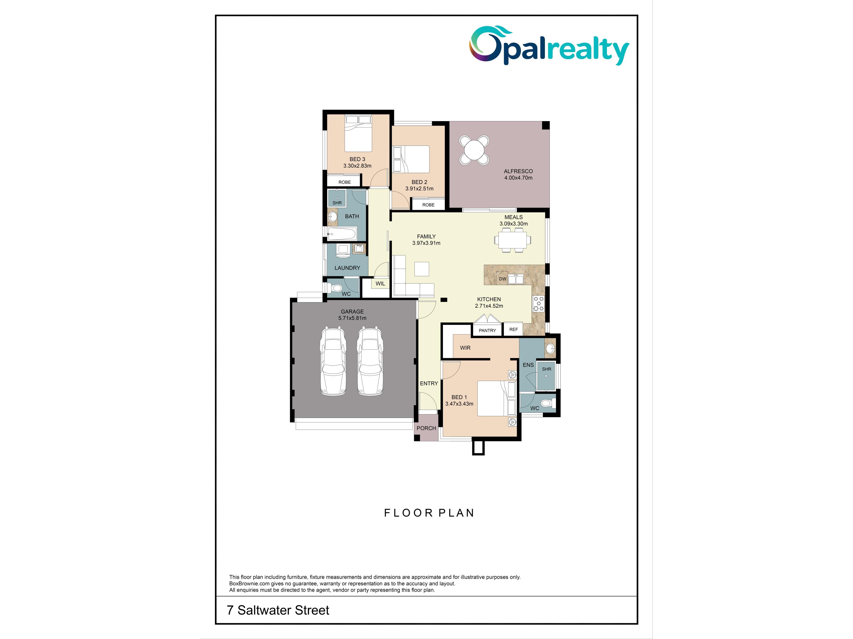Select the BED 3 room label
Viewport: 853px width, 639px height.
(357, 159)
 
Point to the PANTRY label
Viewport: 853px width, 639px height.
(487, 330)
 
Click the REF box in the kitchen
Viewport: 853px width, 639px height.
(514, 329)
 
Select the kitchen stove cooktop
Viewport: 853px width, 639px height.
(538, 304)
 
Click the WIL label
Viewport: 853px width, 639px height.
(380, 284)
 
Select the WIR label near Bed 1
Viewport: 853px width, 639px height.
(465, 348)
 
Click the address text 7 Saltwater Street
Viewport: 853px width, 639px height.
(278, 610)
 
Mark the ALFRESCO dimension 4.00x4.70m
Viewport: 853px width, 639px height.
(518, 178)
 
